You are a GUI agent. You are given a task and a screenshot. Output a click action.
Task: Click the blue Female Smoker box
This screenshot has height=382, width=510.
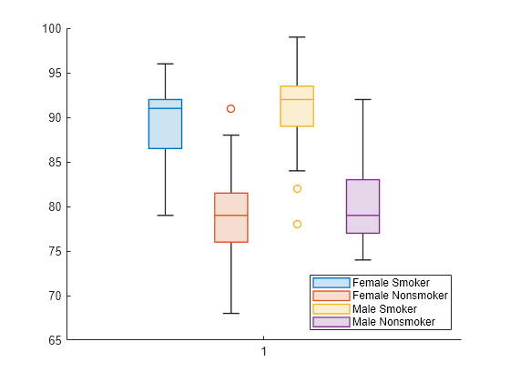(165, 127)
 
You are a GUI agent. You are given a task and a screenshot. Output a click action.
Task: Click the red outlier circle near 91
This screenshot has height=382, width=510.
(231, 108)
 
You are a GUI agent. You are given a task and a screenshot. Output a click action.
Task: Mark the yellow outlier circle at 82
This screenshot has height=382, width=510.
(297, 188)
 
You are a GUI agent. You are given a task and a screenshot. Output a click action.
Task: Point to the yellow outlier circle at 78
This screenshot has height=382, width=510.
(297, 224)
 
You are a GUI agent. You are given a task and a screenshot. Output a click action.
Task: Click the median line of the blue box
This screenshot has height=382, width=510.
(165, 108)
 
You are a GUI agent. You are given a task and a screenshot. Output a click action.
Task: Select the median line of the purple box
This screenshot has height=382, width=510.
(362, 216)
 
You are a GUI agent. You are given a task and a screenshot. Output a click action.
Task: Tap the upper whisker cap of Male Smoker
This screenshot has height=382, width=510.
(297, 37)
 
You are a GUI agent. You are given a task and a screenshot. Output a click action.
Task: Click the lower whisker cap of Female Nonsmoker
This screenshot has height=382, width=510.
(231, 313)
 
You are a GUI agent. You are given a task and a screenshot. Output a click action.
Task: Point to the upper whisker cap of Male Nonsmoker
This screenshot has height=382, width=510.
(362, 99)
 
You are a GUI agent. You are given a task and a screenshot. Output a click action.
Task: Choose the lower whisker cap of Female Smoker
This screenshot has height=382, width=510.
(165, 216)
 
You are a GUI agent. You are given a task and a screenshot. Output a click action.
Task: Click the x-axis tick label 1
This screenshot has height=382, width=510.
(264, 352)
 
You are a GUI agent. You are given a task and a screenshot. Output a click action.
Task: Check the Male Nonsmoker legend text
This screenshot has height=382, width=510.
(393, 322)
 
